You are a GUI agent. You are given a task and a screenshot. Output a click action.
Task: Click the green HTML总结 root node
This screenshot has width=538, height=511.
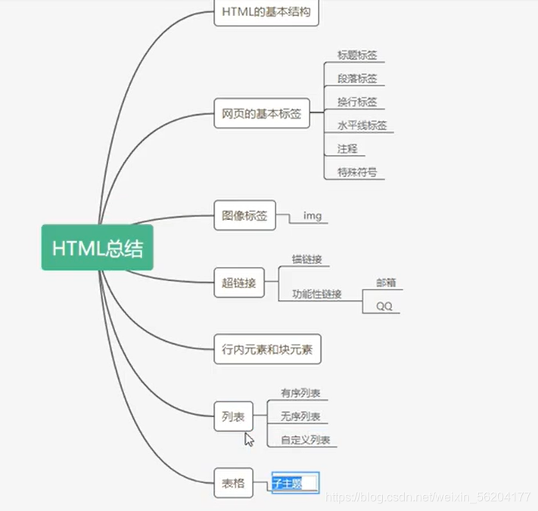[97, 247]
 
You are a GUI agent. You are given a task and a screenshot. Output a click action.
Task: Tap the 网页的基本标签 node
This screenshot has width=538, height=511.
[261, 115]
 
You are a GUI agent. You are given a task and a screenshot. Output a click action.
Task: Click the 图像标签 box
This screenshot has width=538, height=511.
[244, 215]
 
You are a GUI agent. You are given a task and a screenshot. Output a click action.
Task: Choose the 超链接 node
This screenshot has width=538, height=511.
[239, 284]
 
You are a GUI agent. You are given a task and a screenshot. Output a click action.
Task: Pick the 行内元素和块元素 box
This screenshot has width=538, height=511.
[267, 349]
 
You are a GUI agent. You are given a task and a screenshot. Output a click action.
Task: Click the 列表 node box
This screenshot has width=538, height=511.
[232, 417]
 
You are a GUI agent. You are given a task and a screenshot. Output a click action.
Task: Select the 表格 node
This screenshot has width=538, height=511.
[232, 483]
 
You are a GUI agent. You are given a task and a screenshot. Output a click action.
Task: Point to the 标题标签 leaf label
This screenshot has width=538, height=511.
[356, 55]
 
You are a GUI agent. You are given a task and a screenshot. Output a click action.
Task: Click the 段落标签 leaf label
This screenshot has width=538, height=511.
[356, 79]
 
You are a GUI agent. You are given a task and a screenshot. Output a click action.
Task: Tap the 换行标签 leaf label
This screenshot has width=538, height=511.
[356, 102]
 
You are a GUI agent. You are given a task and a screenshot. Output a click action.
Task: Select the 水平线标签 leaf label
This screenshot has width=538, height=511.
[361, 125]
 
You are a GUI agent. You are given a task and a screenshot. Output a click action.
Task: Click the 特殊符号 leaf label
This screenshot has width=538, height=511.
[356, 172]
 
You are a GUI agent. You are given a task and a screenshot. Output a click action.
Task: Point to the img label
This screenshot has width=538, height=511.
[312, 216]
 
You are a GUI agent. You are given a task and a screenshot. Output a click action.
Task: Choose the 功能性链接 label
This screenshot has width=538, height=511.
[316, 294]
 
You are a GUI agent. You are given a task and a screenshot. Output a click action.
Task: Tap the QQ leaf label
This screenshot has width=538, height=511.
[384, 306]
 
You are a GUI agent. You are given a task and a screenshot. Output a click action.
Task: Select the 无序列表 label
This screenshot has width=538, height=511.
[300, 417]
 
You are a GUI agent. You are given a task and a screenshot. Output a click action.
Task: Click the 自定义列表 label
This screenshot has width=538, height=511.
[304, 440]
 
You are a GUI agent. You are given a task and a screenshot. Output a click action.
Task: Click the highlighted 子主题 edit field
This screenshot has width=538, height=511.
[295, 484]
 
